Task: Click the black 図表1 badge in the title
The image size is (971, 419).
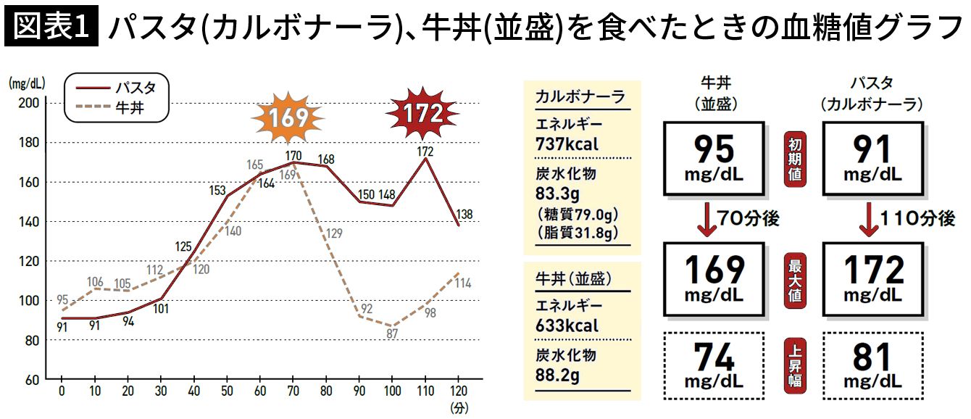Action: click(50, 27)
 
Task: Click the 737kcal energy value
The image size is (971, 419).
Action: click(567, 144)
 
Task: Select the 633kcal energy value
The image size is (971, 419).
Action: click(567, 325)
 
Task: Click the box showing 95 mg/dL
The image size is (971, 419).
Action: click(714, 159)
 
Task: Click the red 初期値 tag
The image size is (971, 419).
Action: click(795, 159)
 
